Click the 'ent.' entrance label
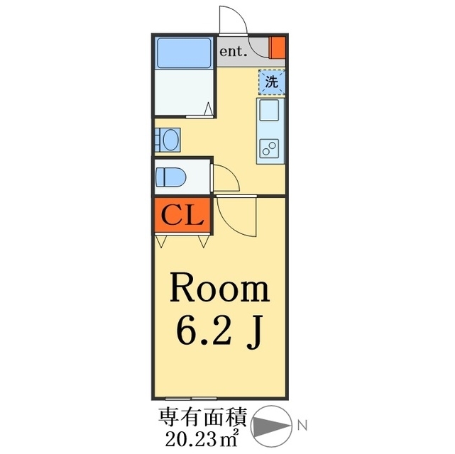(234, 52)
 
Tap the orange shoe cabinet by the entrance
(278, 48)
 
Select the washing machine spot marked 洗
(272, 82)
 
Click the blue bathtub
(184, 52)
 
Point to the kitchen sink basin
(269, 110)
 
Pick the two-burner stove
(269, 149)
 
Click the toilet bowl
(170, 177)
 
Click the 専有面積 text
(202, 417)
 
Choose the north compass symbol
(272, 426)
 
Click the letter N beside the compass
(302, 426)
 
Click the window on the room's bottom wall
(191, 399)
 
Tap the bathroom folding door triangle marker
(208, 109)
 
